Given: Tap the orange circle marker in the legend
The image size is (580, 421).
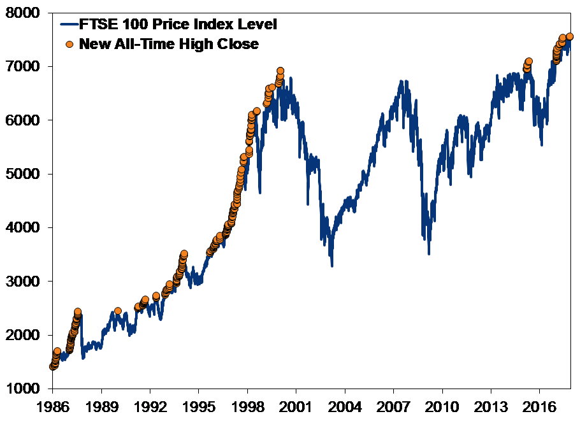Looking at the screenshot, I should click(69, 45).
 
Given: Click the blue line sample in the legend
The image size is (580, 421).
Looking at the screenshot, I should click(69, 25).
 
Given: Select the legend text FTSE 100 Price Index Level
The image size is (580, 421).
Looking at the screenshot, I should click(178, 25).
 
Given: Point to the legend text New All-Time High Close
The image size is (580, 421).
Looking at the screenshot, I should click(169, 45).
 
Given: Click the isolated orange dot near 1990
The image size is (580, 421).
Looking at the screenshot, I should click(118, 311).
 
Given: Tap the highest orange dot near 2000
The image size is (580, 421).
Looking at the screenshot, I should click(280, 71).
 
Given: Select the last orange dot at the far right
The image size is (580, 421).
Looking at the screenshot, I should click(570, 37).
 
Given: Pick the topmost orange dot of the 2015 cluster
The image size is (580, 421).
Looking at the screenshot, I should click(529, 62).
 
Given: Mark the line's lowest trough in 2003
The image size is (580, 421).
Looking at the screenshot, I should click(332, 266).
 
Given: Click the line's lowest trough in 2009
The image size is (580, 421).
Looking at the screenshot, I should click(429, 254).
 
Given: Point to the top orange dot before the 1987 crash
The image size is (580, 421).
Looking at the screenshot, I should click(78, 312).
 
